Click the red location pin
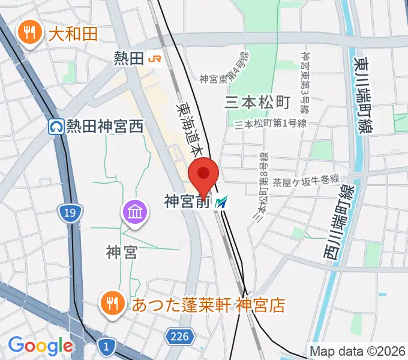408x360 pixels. click(203, 174)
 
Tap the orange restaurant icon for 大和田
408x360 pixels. click(28, 32)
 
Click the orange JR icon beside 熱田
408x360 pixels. click(155, 58)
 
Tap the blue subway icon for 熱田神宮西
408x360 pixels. click(56, 127)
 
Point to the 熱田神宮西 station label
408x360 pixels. click(106, 127)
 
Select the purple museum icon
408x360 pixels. click(134, 212)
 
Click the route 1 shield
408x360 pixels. click(106, 346)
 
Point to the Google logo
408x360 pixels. click(40, 346)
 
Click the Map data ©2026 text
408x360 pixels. click(357, 351)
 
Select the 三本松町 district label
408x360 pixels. click(257, 102)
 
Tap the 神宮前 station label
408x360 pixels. click(187, 203)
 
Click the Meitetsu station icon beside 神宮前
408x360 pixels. click(222, 203)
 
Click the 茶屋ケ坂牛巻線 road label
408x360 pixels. click(307, 179)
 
